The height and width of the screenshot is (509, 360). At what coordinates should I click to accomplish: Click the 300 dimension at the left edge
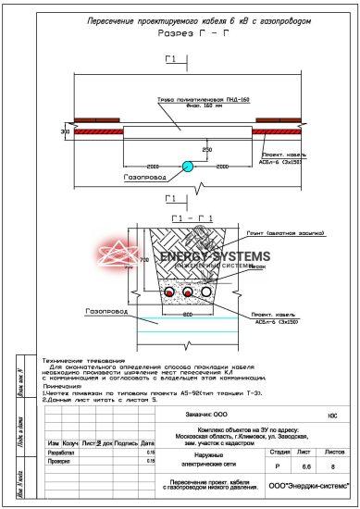(65, 133)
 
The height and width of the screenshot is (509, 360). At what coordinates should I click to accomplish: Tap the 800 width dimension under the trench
(187, 315)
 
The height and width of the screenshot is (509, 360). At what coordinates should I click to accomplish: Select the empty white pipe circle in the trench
(205, 292)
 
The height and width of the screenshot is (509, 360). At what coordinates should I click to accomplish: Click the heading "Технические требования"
(84, 359)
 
